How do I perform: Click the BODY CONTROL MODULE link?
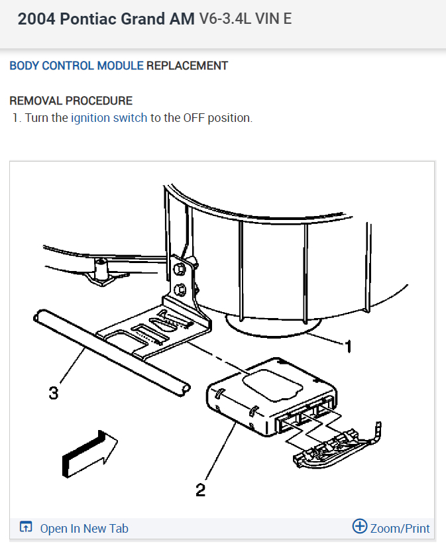(76, 66)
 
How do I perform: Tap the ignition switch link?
(109, 118)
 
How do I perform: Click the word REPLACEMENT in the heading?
(187, 66)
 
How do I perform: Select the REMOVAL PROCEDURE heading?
(71, 101)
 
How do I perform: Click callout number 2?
(200, 490)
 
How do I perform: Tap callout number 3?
(53, 393)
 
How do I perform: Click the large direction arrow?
(88, 453)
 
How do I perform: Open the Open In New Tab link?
(84, 528)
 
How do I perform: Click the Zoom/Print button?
(400, 528)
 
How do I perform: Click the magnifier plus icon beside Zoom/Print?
(359, 527)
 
